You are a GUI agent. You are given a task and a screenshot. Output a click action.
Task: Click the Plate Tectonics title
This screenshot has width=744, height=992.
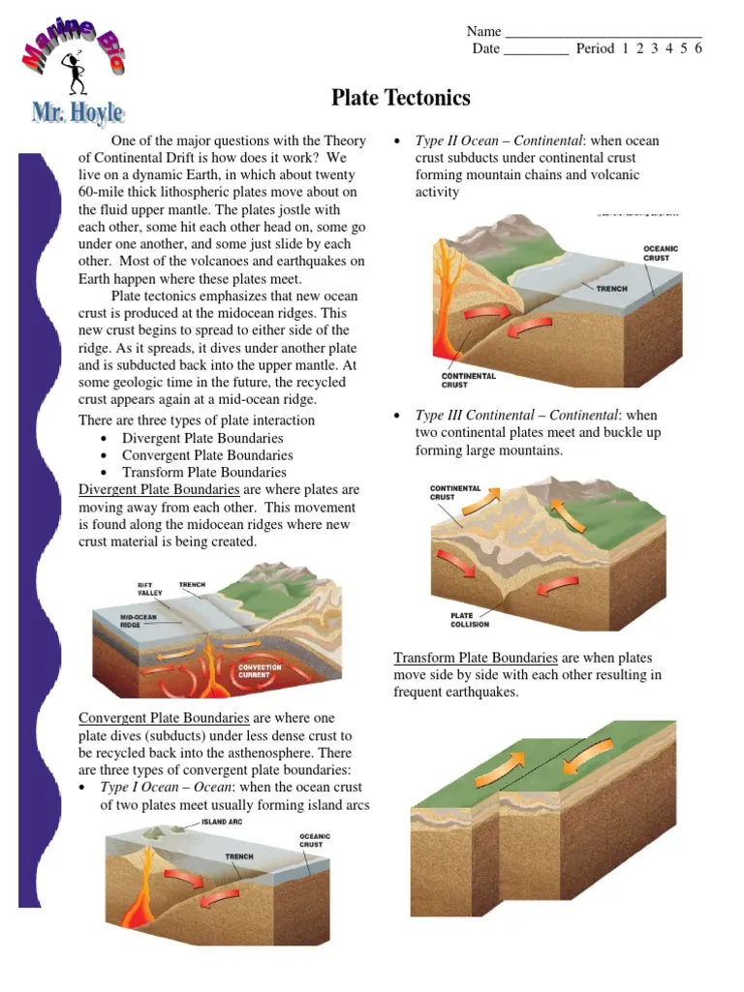point(401,98)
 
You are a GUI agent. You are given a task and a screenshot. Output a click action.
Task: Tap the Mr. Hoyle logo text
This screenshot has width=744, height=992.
point(77,113)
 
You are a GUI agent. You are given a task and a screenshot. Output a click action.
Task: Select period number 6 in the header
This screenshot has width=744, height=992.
point(697,48)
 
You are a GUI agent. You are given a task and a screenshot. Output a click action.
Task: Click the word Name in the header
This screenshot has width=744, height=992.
point(484,31)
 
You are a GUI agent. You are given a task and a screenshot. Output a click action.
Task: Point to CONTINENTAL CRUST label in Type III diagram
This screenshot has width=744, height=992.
point(455,492)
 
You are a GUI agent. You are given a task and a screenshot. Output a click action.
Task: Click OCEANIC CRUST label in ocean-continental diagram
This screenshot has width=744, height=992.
point(661,253)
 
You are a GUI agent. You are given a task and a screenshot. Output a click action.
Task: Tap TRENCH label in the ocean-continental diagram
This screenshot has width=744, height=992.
point(611,289)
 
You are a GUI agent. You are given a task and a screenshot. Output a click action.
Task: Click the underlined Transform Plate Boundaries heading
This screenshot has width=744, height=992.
point(475,657)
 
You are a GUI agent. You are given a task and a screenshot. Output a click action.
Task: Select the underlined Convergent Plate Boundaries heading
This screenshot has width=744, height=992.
point(163,718)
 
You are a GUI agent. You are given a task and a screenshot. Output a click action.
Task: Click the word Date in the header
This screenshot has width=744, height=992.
point(486,48)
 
